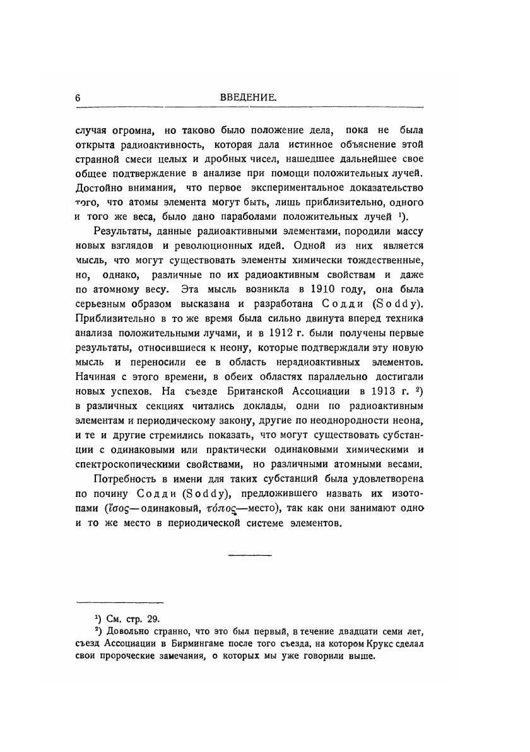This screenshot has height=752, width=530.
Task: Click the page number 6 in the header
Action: click(x=78, y=98)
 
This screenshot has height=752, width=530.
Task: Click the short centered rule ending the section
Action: click(x=249, y=555)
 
